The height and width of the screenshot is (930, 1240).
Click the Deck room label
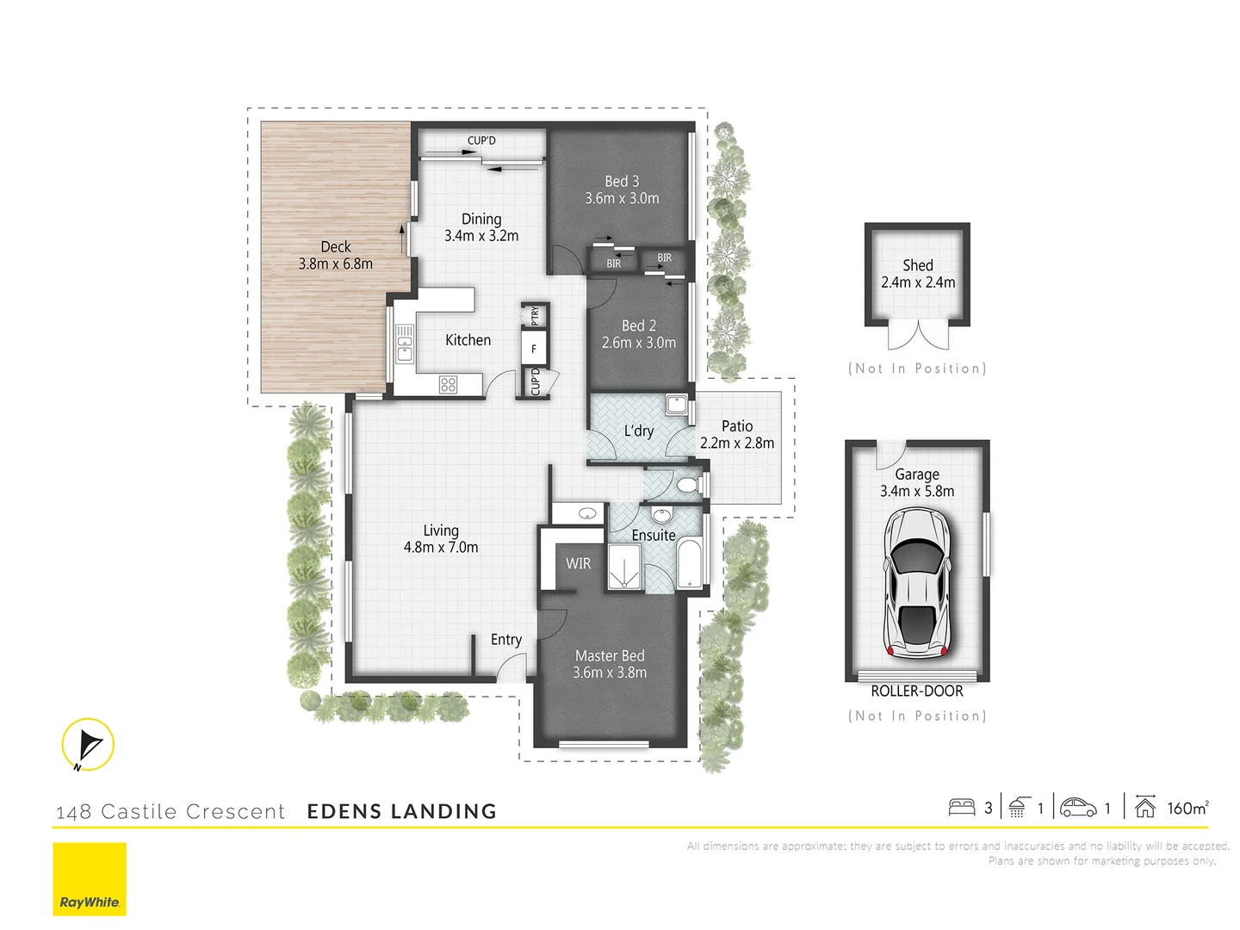coord(335,247)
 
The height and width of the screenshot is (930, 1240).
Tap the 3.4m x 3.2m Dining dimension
coord(481,236)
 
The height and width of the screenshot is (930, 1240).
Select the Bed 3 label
coord(622,182)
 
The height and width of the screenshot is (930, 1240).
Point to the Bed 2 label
coord(639,325)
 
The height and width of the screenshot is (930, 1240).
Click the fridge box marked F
coord(534,349)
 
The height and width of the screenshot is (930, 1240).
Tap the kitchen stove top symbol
coord(448,385)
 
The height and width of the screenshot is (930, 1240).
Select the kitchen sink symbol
coord(404,343)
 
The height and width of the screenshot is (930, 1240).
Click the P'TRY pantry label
coord(535,316)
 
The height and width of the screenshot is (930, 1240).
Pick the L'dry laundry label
coord(639,431)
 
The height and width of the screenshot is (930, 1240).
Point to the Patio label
coord(737,426)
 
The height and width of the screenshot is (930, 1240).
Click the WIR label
coord(578,563)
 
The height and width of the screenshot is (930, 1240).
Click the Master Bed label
coord(610,656)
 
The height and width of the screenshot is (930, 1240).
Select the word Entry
coord(506,640)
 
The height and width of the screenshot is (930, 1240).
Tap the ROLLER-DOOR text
coord(917,691)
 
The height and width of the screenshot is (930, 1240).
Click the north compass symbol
coord(88,744)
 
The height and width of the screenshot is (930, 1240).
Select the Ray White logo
coord(90,879)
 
